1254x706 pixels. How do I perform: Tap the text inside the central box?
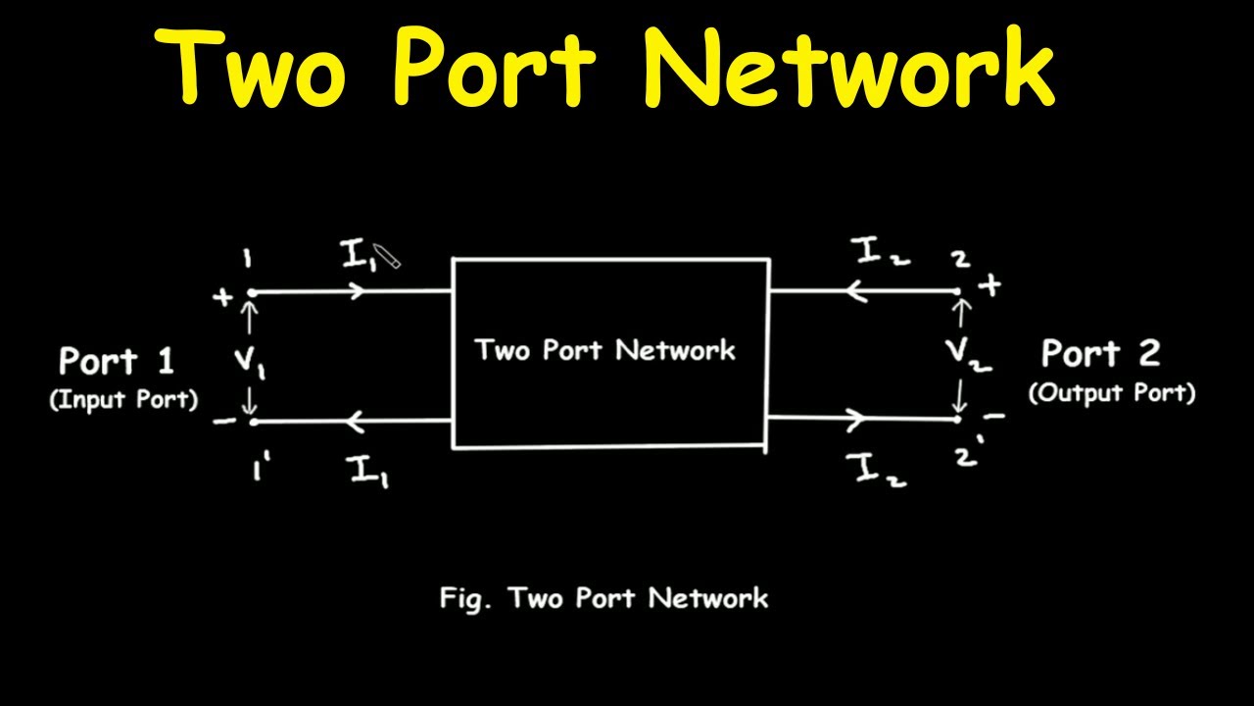605,350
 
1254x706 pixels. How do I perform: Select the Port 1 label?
117,361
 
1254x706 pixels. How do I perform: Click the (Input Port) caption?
123,400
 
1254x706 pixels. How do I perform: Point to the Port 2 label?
1100,353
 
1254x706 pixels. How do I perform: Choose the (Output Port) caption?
1112,393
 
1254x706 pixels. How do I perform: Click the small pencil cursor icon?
388,258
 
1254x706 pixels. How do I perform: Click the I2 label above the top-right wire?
881,254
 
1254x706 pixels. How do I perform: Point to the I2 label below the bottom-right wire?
881,471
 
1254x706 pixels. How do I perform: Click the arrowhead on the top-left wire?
367,291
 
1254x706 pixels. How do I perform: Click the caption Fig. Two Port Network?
603,598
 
